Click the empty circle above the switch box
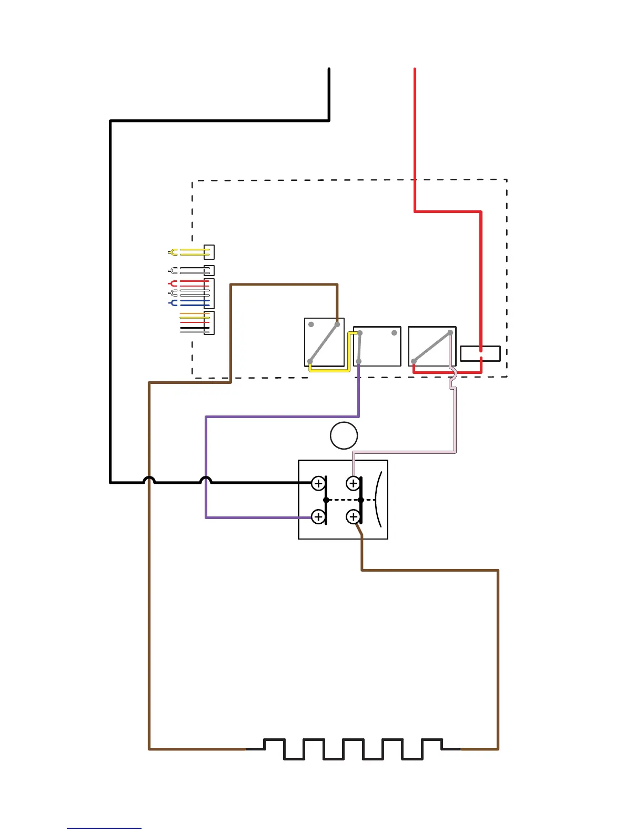click(x=344, y=435)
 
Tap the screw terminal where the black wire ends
click(x=318, y=483)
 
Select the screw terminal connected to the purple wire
click(x=318, y=517)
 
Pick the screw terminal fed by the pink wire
click(x=353, y=483)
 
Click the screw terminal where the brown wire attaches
click(x=353, y=517)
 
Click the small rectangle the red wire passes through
click(x=480, y=353)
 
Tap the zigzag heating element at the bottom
click(x=353, y=749)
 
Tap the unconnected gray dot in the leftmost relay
click(x=311, y=324)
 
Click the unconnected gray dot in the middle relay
click(x=394, y=333)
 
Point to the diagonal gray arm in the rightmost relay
click(x=432, y=347)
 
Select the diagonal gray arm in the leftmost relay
click(x=324, y=343)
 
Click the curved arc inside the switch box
click(x=377, y=499)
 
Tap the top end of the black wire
click(x=329, y=70)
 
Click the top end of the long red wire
click(x=415, y=70)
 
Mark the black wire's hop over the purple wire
click(x=206, y=480)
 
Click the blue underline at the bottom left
click(x=104, y=828)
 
